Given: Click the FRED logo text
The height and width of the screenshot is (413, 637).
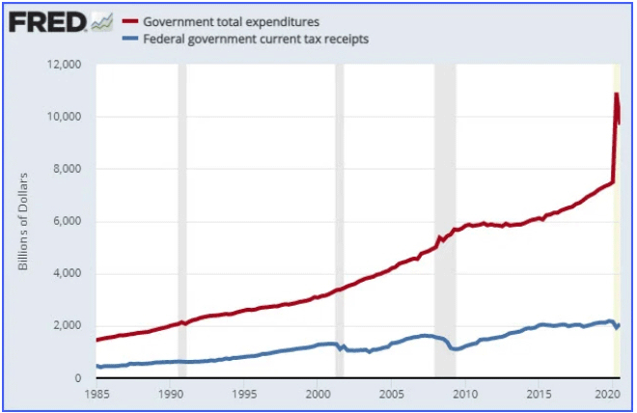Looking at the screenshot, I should pyautogui.click(x=45, y=21).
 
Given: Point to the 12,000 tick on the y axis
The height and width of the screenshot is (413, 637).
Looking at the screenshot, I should pyautogui.click(x=66, y=65).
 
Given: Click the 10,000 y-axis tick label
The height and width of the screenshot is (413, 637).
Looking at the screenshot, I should pyautogui.click(x=66, y=117).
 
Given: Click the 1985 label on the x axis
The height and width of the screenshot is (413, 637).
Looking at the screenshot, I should pyautogui.click(x=96, y=394).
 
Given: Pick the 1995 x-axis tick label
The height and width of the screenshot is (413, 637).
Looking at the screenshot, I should pyautogui.click(x=244, y=394).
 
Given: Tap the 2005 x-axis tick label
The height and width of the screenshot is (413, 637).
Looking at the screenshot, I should pyautogui.click(x=392, y=394).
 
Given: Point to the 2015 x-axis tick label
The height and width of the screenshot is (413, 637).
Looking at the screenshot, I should pyautogui.click(x=540, y=394).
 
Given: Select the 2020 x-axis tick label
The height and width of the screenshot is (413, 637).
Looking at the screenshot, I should pyautogui.click(x=607, y=394).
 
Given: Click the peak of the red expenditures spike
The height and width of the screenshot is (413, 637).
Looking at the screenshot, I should pyautogui.click(x=616, y=95).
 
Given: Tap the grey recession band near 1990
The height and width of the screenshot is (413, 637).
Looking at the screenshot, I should pyautogui.click(x=182, y=221).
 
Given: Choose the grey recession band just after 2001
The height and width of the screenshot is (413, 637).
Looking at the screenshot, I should pyautogui.click(x=339, y=221).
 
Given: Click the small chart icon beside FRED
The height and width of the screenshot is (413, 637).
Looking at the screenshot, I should pyautogui.click(x=100, y=21).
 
